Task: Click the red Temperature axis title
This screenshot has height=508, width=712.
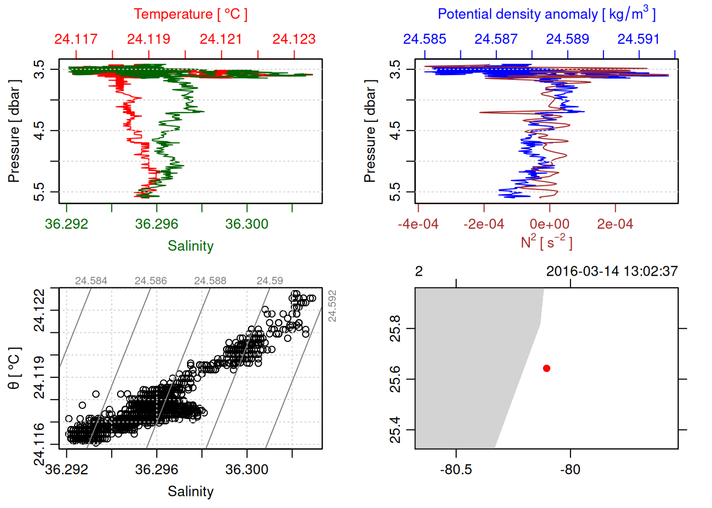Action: tap(190, 14)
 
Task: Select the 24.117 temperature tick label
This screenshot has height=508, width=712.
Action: tap(76, 39)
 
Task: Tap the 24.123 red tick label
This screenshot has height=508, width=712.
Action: tap(294, 39)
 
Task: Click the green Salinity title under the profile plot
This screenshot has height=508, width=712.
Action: tap(191, 246)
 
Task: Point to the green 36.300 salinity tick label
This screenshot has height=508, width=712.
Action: tap(247, 224)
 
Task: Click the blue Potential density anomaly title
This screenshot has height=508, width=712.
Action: tap(546, 14)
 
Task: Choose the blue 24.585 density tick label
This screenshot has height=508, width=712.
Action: tap(424, 39)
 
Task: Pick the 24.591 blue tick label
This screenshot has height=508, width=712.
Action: tap(638, 39)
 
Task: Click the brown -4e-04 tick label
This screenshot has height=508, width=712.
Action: tap(418, 224)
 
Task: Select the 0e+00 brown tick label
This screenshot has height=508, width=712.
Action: tap(549, 224)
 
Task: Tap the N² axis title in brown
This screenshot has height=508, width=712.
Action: tap(546, 242)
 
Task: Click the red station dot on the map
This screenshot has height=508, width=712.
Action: tap(547, 368)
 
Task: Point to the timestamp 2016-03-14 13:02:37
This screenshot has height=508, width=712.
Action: tap(612, 271)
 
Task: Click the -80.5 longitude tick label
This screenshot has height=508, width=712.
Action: tap(456, 469)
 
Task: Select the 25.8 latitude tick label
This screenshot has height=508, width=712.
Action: tap(395, 329)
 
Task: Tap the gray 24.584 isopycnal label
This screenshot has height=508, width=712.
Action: tap(91, 281)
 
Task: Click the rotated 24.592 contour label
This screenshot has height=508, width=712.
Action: tap(332, 306)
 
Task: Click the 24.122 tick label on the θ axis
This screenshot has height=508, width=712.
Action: tap(40, 310)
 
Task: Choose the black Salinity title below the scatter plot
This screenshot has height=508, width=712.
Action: tap(191, 492)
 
